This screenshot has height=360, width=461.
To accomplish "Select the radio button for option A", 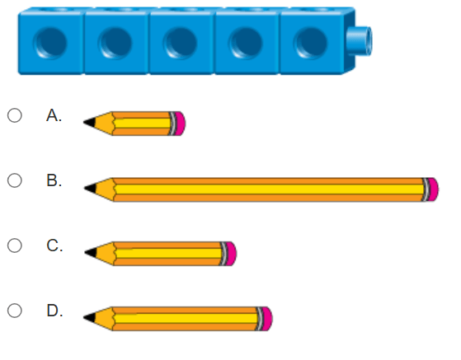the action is click(15, 115).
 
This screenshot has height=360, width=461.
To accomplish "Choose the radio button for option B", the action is click(15, 180).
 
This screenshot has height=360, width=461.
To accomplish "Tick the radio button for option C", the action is click(15, 245).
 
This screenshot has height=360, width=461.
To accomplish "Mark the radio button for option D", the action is click(15, 311).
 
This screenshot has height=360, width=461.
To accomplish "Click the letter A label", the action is click(54, 115).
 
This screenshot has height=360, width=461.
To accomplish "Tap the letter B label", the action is click(54, 180).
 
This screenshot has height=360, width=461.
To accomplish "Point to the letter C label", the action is click(54, 245).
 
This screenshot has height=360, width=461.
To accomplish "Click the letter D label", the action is click(54, 311).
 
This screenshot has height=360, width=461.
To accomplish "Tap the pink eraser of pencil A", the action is click(181, 124).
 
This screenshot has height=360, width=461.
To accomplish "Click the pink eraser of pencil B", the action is click(433, 189).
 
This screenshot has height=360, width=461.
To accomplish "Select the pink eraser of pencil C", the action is click(232, 254).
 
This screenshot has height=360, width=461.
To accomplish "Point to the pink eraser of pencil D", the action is click(267, 319).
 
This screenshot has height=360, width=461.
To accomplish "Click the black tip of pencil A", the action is click(90, 123).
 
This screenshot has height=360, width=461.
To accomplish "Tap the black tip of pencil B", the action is click(90, 189).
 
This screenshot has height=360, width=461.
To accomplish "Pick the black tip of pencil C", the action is click(91, 253).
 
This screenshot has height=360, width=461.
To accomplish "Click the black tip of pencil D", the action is click(90, 318).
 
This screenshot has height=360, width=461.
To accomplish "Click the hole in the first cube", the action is click(50, 43).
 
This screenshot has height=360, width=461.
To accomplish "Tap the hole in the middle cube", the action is click(180, 43).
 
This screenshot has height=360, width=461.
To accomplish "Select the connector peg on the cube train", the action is click(360, 41).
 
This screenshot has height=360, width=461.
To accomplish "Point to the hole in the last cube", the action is click(310, 43).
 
